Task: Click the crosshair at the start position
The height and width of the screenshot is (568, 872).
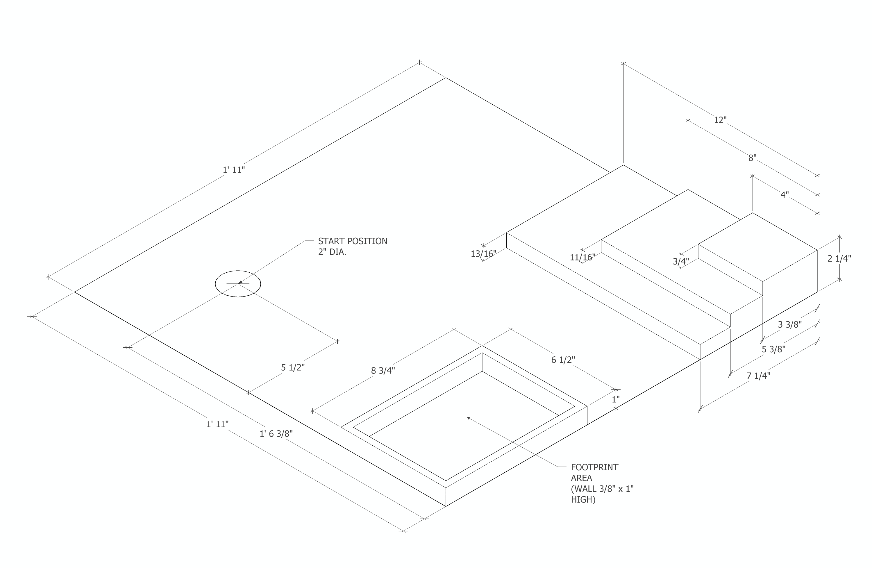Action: click(238, 284)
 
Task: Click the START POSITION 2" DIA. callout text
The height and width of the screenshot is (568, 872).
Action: click(353, 247)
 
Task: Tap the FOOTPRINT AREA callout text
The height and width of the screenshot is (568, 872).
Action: click(602, 483)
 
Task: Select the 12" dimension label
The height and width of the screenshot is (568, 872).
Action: click(720, 120)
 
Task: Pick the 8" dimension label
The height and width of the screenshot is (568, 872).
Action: click(752, 158)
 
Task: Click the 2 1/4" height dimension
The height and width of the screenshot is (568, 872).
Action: click(839, 259)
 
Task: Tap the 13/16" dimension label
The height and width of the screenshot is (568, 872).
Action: click(483, 253)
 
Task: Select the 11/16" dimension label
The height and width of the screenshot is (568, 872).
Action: click(582, 258)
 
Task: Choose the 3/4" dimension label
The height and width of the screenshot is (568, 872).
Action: click(681, 262)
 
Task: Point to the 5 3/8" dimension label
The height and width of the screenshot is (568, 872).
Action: click(774, 349)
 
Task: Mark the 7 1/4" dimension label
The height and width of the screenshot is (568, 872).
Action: click(758, 376)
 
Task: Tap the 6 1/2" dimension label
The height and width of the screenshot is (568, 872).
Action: click(563, 360)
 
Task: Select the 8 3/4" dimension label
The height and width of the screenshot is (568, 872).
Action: click(383, 371)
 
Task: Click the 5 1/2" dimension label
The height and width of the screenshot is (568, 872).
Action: click(293, 367)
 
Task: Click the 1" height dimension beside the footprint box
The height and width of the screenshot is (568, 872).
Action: click(616, 399)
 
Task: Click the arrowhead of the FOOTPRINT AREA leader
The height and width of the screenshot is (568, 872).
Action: click(468, 418)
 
